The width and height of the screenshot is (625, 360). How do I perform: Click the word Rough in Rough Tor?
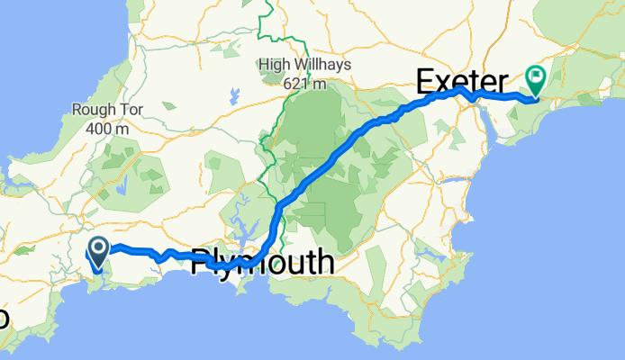(x=91, y=109)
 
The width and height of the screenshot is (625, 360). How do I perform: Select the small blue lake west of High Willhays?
(x=234, y=94)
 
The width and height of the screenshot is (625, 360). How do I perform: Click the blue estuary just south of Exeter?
(x=492, y=128)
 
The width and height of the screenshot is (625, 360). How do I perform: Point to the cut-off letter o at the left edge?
(x=4, y=319)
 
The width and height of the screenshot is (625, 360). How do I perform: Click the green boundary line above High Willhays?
(x=267, y=22)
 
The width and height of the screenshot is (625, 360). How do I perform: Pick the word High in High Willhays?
(x=275, y=64)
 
